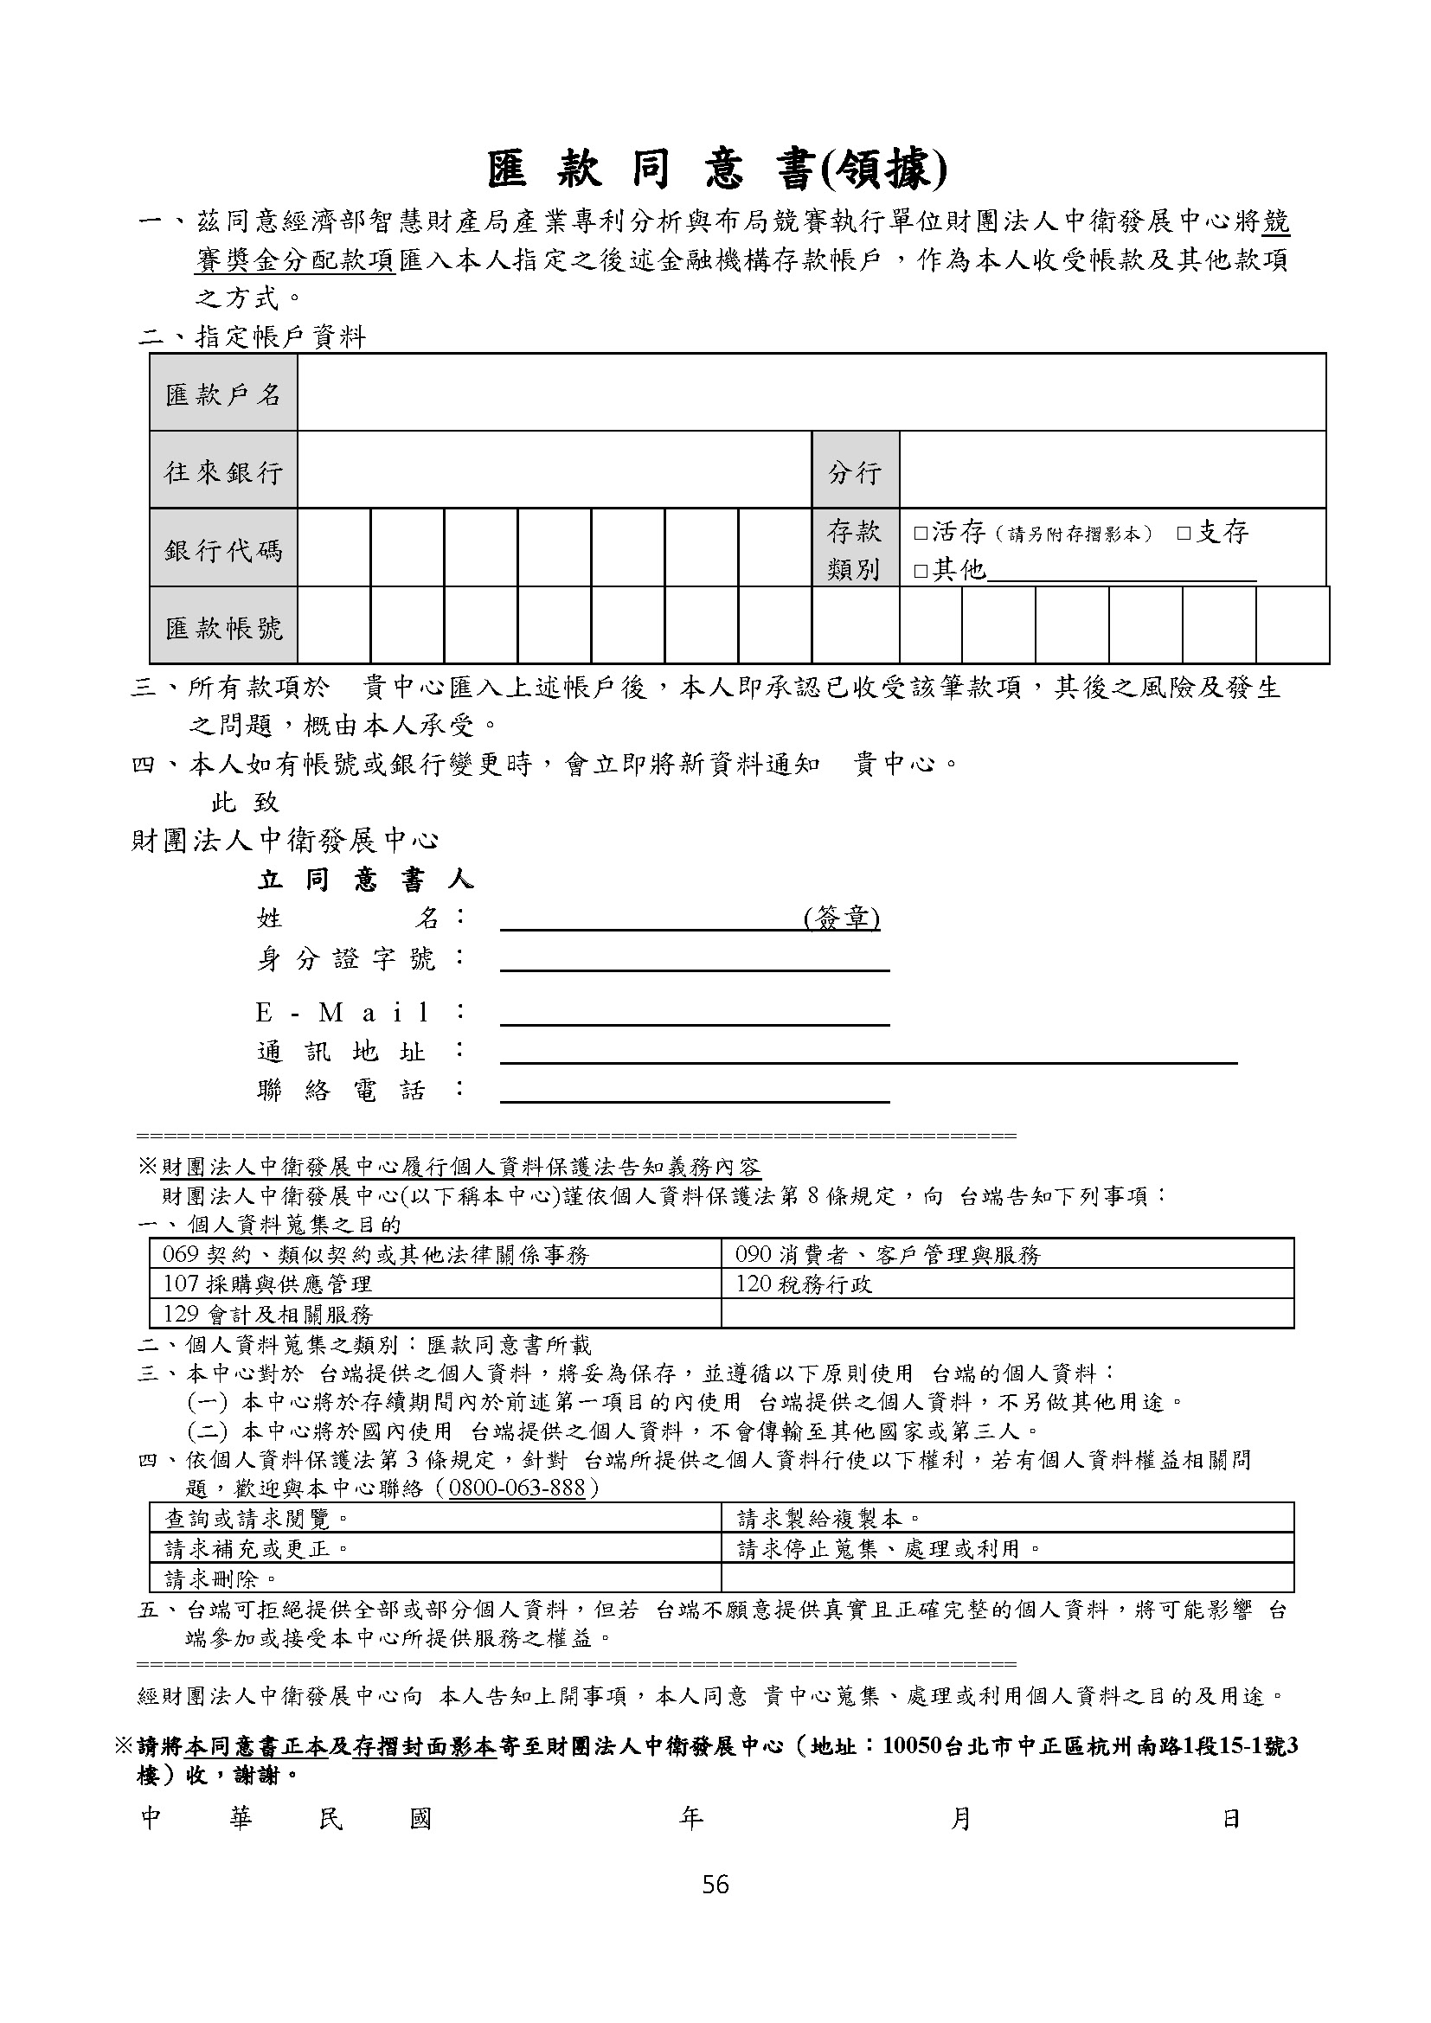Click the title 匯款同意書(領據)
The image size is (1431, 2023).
point(716,170)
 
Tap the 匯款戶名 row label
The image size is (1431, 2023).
point(223,393)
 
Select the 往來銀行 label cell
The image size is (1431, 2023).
point(223,471)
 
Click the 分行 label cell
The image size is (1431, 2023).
point(854,472)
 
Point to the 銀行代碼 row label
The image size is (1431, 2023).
point(223,550)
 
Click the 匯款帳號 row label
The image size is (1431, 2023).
point(223,627)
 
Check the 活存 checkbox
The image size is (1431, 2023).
point(921,533)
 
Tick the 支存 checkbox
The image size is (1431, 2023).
point(1184,533)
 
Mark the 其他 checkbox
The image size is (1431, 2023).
point(921,572)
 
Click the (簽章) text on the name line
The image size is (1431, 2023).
point(842,919)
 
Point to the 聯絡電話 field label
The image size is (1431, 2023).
point(341,1091)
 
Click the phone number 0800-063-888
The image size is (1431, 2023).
point(517,1488)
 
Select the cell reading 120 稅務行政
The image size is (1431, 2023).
point(804,1284)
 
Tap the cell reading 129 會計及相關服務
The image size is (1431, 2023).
point(268,1315)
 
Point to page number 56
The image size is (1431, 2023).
point(715,1885)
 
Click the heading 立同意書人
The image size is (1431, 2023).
point(365,880)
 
